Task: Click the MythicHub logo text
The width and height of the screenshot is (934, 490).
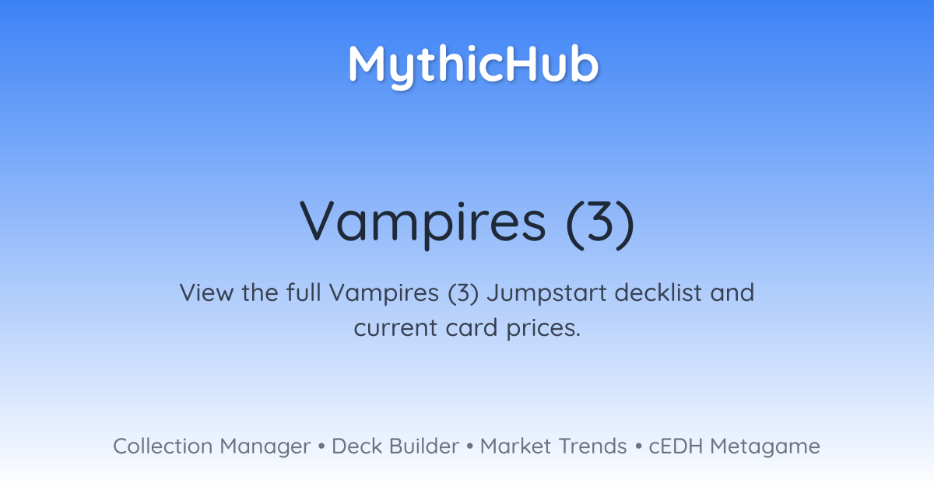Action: click(x=474, y=66)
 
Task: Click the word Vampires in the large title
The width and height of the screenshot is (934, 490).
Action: click(x=423, y=224)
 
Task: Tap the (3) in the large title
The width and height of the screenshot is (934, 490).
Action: click(x=600, y=224)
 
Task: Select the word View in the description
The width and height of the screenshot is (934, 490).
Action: click(x=206, y=292)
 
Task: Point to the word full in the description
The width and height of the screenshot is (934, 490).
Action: click(x=304, y=292)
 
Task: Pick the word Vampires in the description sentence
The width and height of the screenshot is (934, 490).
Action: click(x=384, y=293)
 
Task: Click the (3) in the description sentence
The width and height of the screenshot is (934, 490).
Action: click(x=463, y=293)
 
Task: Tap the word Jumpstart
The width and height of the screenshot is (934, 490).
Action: click(x=546, y=293)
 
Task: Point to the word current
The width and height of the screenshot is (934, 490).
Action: click(x=395, y=328)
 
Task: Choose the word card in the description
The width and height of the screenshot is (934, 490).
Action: click(x=472, y=327)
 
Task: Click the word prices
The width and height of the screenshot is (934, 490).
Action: click(x=543, y=329)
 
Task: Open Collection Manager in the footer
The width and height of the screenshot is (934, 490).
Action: click(x=212, y=446)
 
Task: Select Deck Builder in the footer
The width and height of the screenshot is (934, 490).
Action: click(x=395, y=446)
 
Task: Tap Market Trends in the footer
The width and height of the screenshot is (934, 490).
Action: click(x=553, y=446)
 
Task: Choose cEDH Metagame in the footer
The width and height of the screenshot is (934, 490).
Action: click(x=734, y=447)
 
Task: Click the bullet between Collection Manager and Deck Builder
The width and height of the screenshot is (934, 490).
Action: click(x=321, y=446)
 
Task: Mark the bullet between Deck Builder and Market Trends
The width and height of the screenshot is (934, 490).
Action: click(x=470, y=446)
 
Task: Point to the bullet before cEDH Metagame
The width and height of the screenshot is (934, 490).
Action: click(x=638, y=446)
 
